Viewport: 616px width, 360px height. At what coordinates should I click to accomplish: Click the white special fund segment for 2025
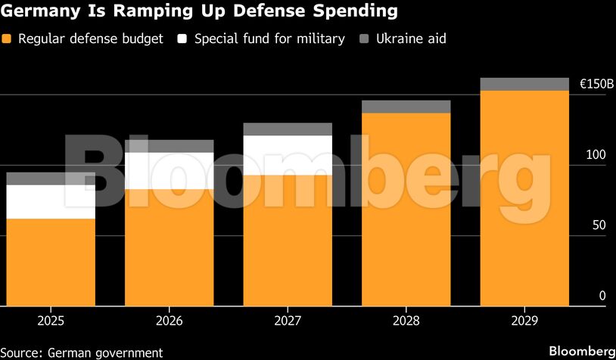point(51,202)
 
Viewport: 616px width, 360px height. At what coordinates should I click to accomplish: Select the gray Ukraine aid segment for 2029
point(524,84)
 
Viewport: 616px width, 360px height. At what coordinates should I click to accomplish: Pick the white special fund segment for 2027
point(288,155)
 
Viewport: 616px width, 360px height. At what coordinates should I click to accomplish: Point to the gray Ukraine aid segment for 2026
point(170,146)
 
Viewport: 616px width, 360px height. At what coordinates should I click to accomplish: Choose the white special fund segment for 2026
point(170,171)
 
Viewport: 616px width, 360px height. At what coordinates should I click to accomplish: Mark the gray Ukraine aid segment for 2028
point(406,107)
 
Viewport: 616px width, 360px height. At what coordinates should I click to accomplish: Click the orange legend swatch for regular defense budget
point(8,39)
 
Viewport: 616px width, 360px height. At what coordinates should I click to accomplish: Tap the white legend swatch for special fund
point(182,39)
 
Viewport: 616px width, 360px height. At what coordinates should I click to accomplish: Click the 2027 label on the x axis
point(288,321)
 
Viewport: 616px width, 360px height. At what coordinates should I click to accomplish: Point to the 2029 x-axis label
point(524,321)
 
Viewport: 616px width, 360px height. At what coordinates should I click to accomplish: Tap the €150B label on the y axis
point(596,85)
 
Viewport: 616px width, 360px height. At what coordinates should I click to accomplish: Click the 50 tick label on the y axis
point(598,225)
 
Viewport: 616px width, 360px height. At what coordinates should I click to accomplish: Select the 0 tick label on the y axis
point(602,296)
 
